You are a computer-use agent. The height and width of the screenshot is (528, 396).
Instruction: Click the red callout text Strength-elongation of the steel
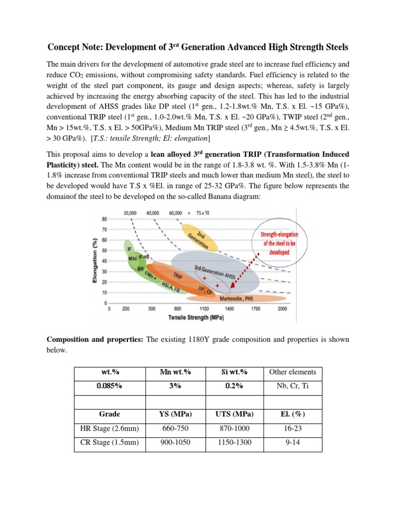coord(279,243)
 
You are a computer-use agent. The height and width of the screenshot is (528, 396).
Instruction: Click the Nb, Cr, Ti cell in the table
coord(292,386)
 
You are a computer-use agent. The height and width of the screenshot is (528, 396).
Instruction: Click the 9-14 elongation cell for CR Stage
coord(292,443)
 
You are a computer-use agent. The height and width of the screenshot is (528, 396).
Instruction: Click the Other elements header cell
coord(292,372)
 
